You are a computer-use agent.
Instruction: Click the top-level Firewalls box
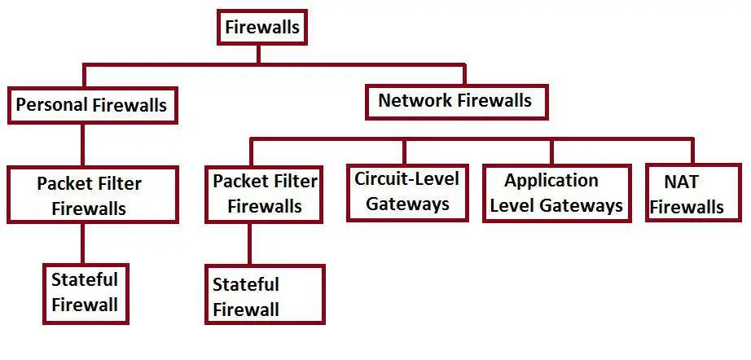[261, 28]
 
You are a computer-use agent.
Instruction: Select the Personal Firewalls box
[91, 105]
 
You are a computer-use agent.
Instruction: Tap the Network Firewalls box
[455, 101]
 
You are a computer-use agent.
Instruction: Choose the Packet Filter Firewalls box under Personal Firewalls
[92, 195]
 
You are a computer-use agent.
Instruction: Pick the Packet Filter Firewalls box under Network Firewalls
[265, 193]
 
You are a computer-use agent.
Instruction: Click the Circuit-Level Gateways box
[406, 191]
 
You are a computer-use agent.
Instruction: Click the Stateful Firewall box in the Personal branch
[85, 292]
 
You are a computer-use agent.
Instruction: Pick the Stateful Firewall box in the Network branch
[265, 296]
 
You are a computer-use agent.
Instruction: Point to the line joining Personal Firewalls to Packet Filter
[82, 145]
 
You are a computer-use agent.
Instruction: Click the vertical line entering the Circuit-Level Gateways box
[403, 151]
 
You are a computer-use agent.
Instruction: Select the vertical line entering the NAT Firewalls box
[692, 151]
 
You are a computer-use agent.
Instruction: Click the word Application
[551, 180]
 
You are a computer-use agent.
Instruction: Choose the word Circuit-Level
[406, 178]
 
